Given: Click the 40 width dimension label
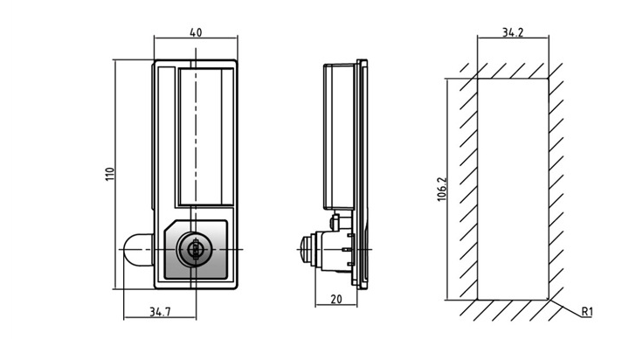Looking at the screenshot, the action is [x=196, y=32].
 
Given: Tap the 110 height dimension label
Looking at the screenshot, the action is [x=110, y=174].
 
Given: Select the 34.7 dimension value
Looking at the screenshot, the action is [x=160, y=312].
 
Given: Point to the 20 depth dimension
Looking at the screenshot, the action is [x=336, y=299].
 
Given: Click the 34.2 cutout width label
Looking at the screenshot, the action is [x=513, y=32].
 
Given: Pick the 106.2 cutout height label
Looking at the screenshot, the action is [x=442, y=189].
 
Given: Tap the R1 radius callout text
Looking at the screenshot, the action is [x=587, y=312].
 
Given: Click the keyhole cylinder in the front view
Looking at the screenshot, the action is [x=195, y=250].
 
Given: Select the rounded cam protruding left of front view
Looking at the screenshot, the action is [x=137, y=250].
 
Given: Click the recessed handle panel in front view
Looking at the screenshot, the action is [x=206, y=136].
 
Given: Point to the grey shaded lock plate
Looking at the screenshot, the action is [x=195, y=250].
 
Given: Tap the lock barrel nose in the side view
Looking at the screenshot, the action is [x=307, y=249].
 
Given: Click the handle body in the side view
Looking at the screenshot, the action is [x=339, y=136].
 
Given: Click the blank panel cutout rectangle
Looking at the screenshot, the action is [x=513, y=189].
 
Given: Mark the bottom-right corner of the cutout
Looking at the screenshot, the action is [x=549, y=300].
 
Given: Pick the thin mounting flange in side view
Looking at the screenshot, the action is [x=363, y=175].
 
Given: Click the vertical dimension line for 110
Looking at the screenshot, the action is [x=115, y=175].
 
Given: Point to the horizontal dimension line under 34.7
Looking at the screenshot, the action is [x=160, y=318].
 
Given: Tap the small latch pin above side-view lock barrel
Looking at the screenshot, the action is [x=335, y=222].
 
